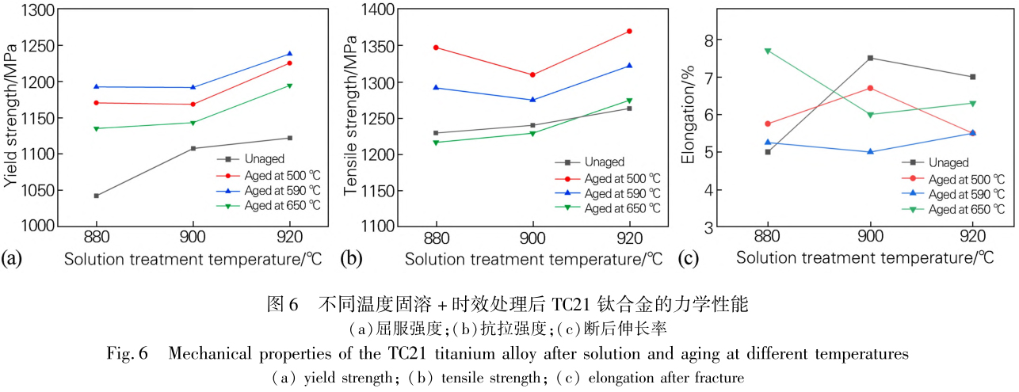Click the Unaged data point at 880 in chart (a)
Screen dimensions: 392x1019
[x=96, y=196]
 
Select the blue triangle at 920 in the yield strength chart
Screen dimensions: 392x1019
[x=289, y=54]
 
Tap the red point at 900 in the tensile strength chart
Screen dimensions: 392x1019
[x=532, y=75]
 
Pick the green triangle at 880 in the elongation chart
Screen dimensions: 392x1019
[x=767, y=51]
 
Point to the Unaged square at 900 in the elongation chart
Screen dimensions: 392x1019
[x=870, y=58]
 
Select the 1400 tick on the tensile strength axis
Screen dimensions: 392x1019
[x=379, y=10]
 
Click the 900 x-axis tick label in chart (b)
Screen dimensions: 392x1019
[x=532, y=238]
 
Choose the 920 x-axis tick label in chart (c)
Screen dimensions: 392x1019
[x=972, y=237]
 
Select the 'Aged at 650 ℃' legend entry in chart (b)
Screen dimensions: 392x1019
[x=621, y=208]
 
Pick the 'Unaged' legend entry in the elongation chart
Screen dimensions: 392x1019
[x=948, y=162]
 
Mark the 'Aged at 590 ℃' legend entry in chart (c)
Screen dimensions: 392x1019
[x=964, y=194]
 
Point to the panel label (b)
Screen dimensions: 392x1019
[x=349, y=257]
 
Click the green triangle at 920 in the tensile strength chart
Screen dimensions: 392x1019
[x=629, y=101]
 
